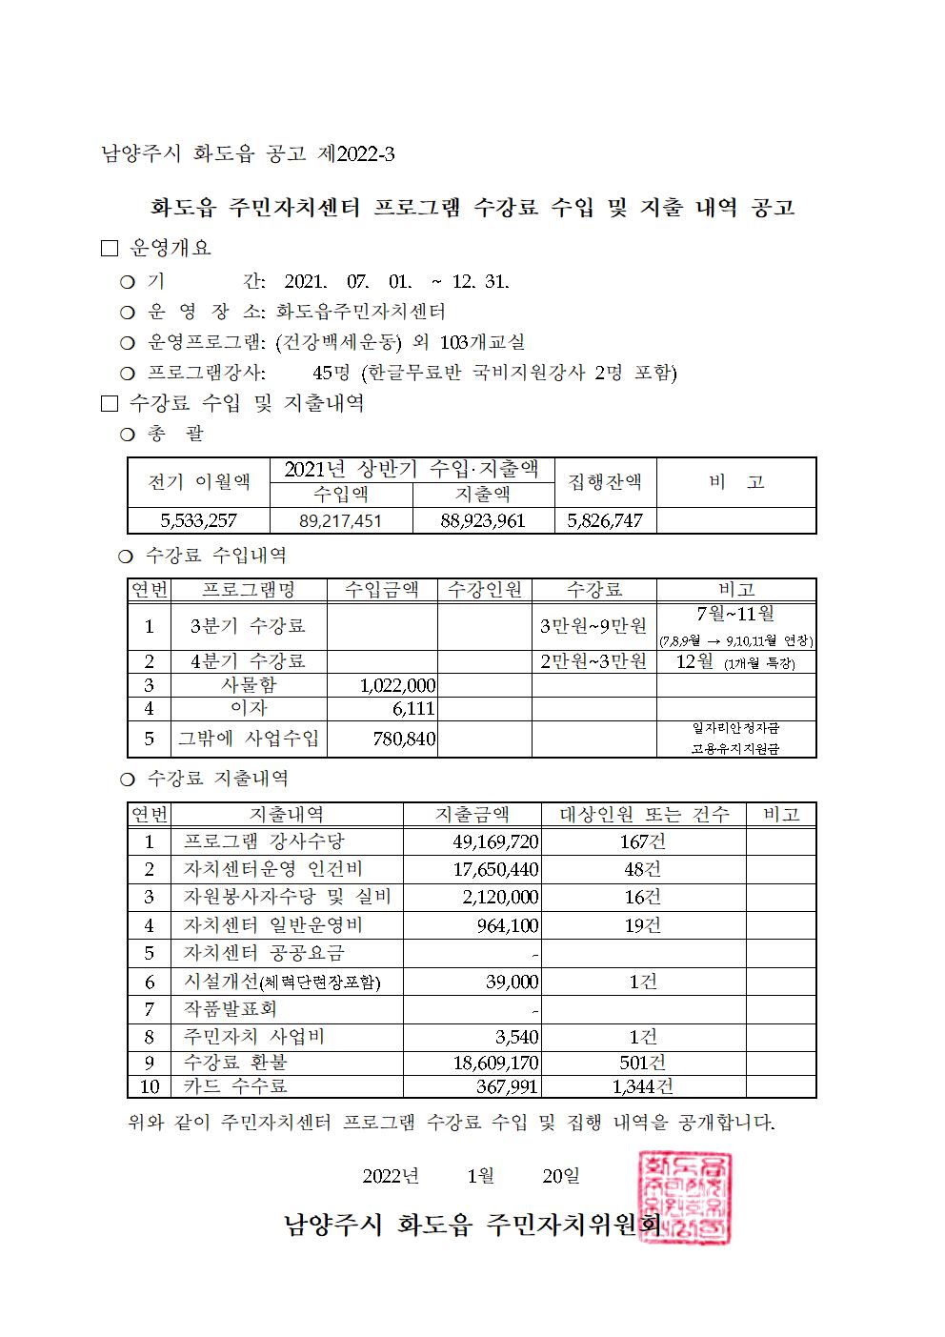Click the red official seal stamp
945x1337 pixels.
pos(683,1198)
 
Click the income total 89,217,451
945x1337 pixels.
pos(341,520)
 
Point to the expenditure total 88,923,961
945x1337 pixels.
pos(483,520)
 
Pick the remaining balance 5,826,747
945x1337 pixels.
pos(605,520)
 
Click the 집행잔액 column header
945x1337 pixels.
pos(605,482)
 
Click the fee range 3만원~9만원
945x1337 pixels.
pos(593,626)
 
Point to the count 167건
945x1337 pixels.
pos(642,841)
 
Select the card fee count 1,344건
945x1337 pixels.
pos(642,1085)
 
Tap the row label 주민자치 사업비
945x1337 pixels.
pos(253,1037)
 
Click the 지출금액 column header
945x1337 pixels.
pos(472,814)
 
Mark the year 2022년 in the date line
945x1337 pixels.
pos(391,1176)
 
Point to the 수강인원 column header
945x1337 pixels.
pos(485,590)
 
